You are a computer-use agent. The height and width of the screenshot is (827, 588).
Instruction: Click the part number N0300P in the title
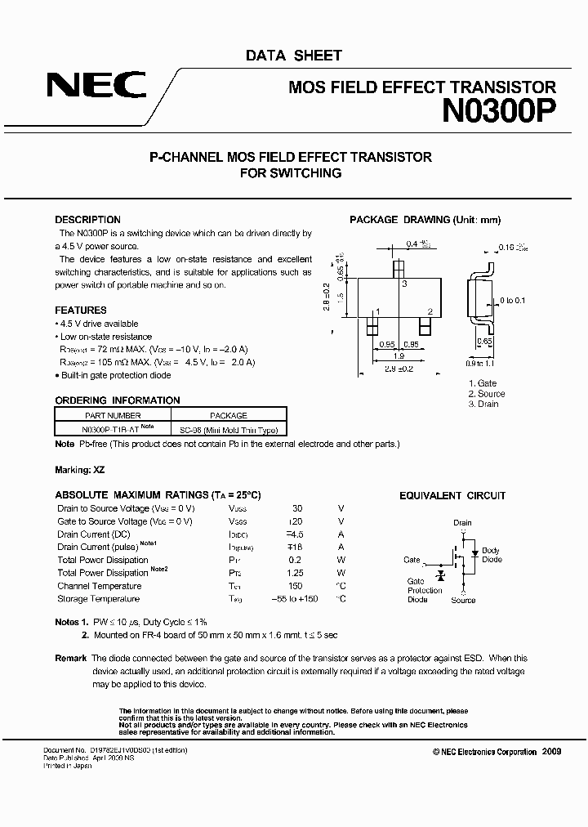pyautogui.click(x=499, y=110)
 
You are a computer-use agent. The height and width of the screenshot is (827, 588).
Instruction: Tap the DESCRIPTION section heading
pyautogui.click(x=87, y=220)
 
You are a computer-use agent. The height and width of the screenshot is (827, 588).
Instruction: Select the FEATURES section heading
pyautogui.click(x=81, y=311)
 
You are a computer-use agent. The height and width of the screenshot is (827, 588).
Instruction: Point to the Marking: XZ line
pyautogui.click(x=80, y=471)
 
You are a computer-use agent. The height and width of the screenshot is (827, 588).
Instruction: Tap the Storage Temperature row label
pyautogui.click(x=100, y=599)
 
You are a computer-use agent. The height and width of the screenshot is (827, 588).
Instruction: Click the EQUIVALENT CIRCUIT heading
pyautogui.click(x=452, y=496)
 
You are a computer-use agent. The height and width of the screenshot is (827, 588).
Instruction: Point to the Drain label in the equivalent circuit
pyautogui.click(x=462, y=523)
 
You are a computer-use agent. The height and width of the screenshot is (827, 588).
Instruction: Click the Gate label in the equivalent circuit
pyautogui.click(x=412, y=560)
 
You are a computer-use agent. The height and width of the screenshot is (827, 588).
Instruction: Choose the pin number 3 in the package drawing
pyautogui.click(x=404, y=284)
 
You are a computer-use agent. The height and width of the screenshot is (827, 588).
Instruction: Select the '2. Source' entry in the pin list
pyautogui.click(x=487, y=394)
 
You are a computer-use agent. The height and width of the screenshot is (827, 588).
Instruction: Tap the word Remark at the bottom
pyautogui.click(x=70, y=658)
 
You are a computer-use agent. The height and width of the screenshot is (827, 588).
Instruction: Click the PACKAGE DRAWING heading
pyautogui.click(x=425, y=220)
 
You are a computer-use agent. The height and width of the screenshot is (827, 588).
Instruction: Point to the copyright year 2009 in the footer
pyautogui.click(x=551, y=752)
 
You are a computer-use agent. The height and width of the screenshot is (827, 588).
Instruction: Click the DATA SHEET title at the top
pyautogui.click(x=294, y=56)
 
